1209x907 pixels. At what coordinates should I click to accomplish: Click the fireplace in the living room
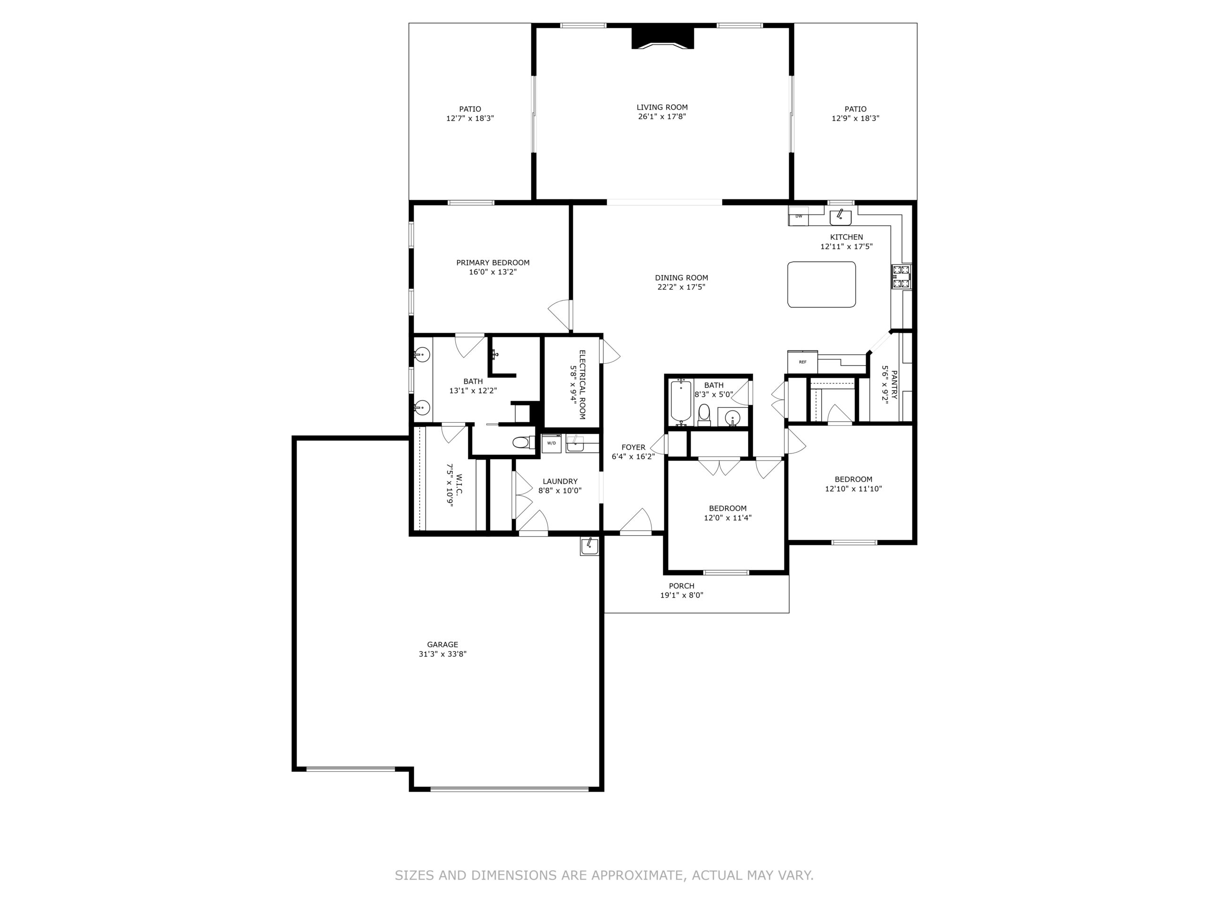point(663,37)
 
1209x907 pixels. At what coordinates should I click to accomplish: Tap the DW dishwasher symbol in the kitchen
point(799,216)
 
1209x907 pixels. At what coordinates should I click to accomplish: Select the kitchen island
point(821,284)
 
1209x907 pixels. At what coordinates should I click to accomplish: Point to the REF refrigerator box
point(802,362)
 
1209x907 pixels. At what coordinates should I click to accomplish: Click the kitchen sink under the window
point(841,217)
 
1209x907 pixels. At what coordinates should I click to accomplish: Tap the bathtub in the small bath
point(681,402)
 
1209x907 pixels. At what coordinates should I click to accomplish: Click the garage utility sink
point(589,546)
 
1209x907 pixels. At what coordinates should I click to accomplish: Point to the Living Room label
point(662,107)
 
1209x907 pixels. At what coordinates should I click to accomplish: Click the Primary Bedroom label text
point(493,263)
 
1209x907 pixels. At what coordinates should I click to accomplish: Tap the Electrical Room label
point(582,385)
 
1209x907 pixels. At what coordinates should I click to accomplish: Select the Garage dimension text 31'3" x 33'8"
point(443,654)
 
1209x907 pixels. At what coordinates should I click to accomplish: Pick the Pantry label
point(894,385)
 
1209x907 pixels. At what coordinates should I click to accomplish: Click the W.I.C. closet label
point(459,484)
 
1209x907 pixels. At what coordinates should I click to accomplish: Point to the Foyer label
point(633,447)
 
